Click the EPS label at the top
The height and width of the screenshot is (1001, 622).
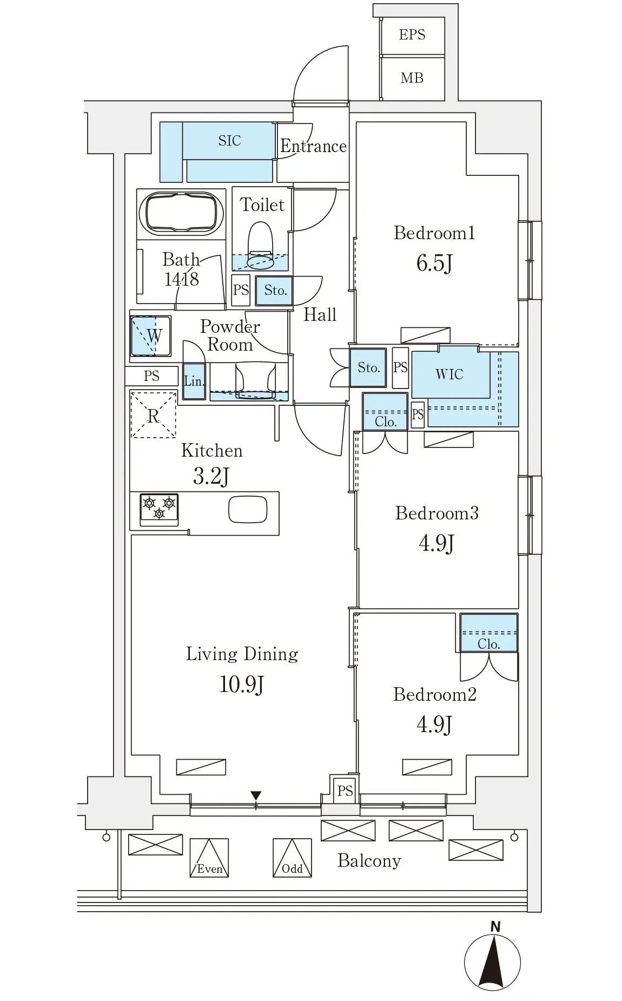[412, 35]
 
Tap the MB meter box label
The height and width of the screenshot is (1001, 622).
[412, 78]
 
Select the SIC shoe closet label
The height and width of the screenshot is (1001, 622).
[229, 141]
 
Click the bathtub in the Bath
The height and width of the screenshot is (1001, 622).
[181, 213]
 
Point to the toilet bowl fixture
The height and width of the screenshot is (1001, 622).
[260, 246]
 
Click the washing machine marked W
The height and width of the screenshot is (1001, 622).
[151, 336]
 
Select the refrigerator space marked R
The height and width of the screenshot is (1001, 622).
[154, 414]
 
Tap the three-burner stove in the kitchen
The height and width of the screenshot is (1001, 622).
[159, 509]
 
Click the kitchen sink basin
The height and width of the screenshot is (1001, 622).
[248, 509]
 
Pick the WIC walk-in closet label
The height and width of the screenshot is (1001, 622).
[449, 374]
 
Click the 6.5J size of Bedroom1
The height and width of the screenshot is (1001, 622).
[434, 263]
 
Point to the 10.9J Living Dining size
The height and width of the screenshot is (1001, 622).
[241, 684]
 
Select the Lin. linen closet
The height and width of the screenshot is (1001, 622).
[194, 381]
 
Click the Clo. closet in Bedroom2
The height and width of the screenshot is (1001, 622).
[489, 633]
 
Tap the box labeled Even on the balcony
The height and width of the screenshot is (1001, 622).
[209, 858]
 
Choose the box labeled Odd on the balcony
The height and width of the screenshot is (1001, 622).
[292, 858]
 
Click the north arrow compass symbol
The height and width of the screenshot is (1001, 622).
[492, 962]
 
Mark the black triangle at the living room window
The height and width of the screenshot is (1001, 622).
[256, 795]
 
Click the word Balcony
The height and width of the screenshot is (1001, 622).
[369, 861]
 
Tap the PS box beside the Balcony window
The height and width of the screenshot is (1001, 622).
[345, 791]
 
